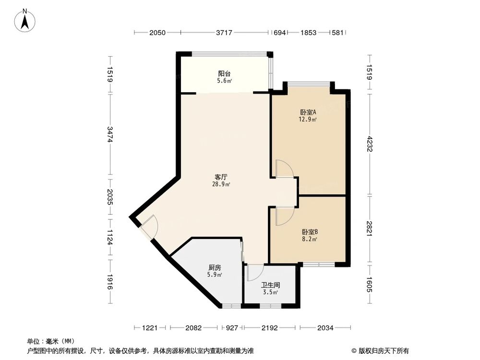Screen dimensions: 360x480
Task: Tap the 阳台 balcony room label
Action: [x=224, y=74]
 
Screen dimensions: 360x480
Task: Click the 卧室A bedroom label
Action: [x=308, y=112]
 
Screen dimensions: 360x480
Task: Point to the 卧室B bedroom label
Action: [x=308, y=231]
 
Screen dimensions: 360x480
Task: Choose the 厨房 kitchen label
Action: [x=215, y=268]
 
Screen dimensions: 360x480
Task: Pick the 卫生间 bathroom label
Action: [x=270, y=285]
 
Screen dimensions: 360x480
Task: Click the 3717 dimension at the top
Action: [x=224, y=33]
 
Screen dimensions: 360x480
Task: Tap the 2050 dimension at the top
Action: [x=157, y=33]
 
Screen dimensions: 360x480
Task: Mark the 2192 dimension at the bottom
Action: [x=270, y=328]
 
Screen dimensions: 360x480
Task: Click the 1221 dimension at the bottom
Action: [x=150, y=328]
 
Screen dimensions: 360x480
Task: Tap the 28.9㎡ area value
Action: [x=221, y=184]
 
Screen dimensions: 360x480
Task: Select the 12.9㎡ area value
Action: [x=308, y=120]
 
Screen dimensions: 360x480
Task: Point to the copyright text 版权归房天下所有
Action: [x=383, y=350]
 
